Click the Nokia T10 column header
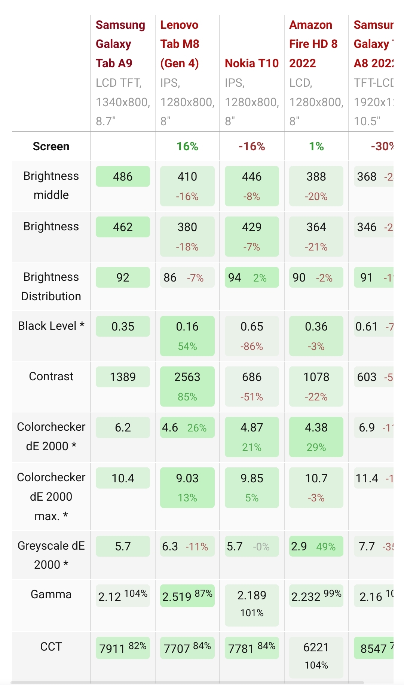coord(252,63)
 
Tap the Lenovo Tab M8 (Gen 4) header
coord(180,44)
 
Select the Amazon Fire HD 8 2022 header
coord(313,44)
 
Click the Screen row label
coord(51,146)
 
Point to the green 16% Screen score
coord(187,146)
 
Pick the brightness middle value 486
coord(123,176)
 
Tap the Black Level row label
coord(51,326)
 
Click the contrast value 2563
coord(187,377)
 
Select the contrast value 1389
coord(123,377)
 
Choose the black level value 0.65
coord(252,326)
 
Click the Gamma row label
coord(51,594)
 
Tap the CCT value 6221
coord(316,647)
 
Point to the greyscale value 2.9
coord(299,546)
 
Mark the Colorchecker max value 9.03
coord(187,478)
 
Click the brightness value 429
coord(252,227)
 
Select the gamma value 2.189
coord(252,595)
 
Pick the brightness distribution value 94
coord(235,277)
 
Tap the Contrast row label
coord(51,376)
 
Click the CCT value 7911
coord(112,648)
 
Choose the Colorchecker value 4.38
coord(316,427)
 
